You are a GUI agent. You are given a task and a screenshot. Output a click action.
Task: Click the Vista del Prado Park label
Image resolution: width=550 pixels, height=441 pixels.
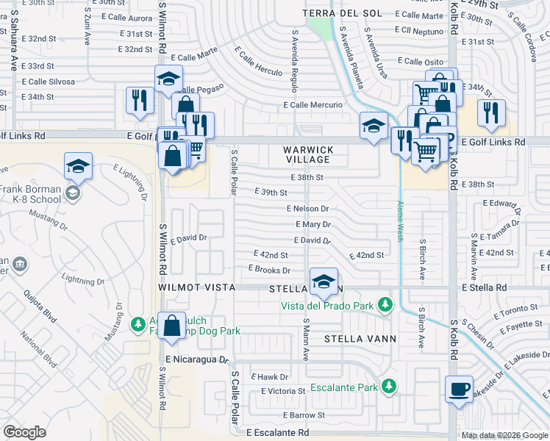click(327, 306)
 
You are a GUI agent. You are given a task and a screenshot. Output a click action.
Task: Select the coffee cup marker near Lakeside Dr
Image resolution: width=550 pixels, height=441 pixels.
click(460, 389)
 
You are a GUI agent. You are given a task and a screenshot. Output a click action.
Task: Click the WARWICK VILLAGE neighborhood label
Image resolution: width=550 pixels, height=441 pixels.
click(309, 155)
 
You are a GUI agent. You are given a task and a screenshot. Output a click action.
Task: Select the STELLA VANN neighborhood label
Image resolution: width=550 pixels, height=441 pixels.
click(360, 339)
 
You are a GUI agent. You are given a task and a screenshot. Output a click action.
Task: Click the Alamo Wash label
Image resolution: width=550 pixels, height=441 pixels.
click(401, 221)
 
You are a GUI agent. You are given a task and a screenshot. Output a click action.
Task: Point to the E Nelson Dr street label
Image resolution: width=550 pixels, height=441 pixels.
click(307, 209)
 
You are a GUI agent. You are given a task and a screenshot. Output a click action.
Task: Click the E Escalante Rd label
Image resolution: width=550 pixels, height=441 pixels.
click(277, 434)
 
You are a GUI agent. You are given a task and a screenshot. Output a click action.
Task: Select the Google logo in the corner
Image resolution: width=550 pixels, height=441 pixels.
click(24, 432)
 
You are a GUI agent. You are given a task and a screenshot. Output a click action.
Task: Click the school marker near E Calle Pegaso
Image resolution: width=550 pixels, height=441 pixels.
click(168, 78)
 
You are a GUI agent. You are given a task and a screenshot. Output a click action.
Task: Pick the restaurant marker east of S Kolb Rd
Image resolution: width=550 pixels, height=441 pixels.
click(490, 112)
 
